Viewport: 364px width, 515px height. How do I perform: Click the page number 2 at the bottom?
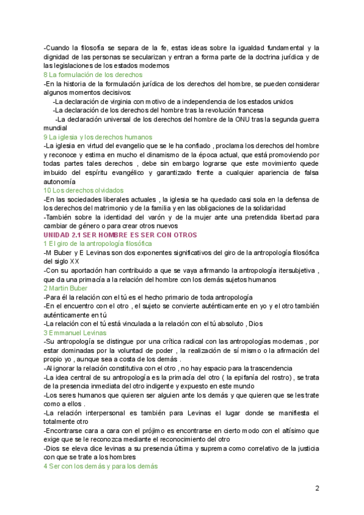(317, 488)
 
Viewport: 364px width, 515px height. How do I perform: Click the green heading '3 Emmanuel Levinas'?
(75, 333)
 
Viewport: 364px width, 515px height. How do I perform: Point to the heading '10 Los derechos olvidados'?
(83, 190)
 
